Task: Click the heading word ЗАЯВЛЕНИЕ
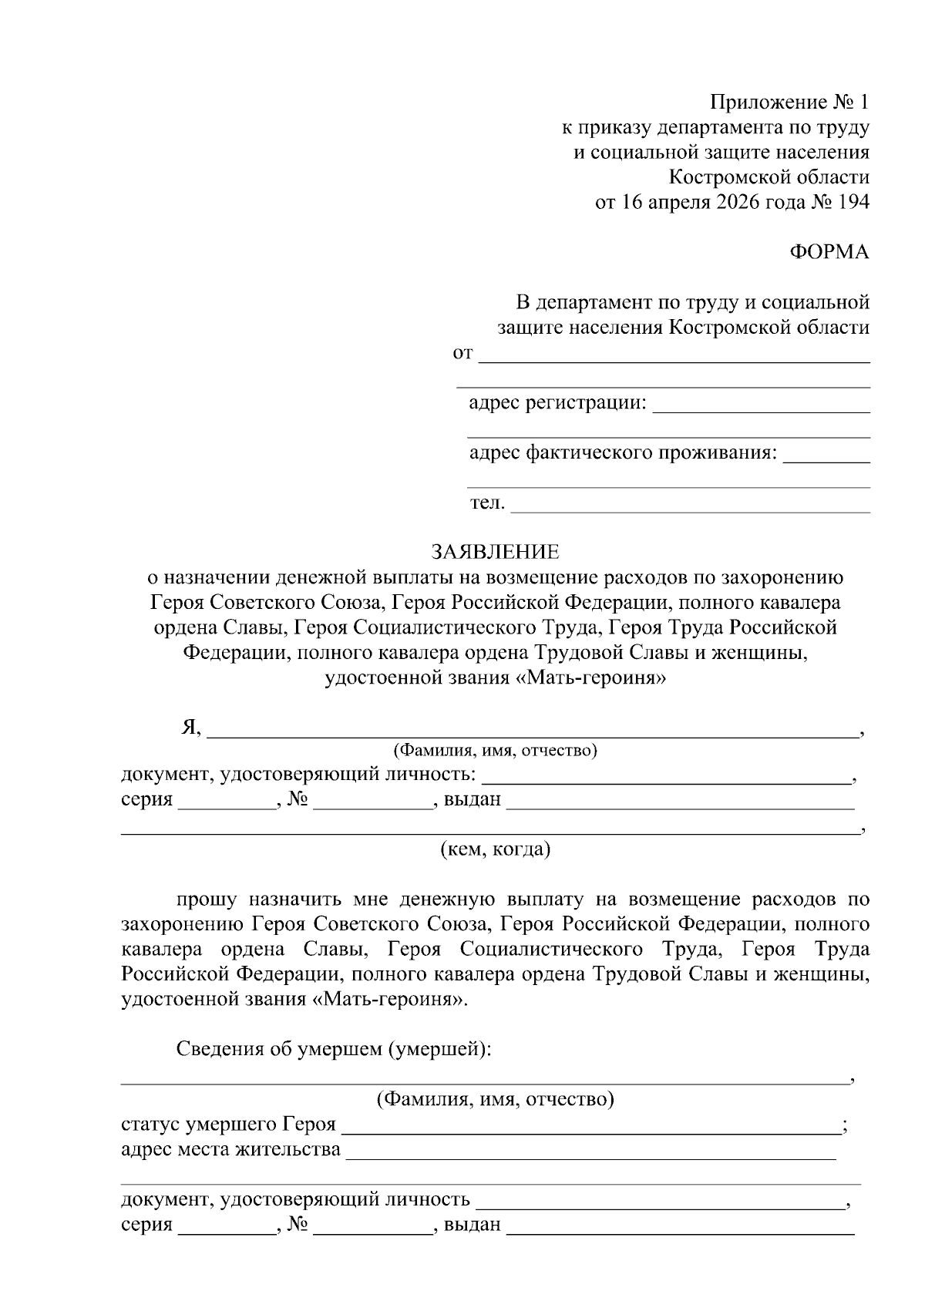coord(495,552)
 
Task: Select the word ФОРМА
coord(829,252)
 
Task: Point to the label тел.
coord(487,503)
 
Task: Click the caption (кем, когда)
coord(495,849)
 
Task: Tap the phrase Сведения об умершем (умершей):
coord(333,1049)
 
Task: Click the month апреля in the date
coord(678,202)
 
